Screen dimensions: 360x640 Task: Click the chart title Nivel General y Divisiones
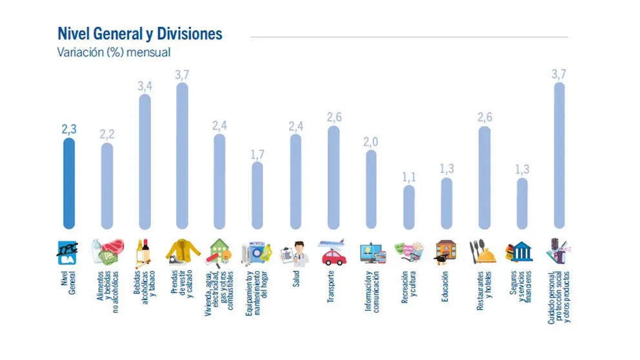tap(140, 34)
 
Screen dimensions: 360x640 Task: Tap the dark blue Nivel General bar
tap(69, 184)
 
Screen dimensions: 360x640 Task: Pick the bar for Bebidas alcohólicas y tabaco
tap(145, 161)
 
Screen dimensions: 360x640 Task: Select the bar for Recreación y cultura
tap(409, 206)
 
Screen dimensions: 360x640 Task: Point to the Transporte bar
tap(334, 177)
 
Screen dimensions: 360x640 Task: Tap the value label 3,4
tap(145, 85)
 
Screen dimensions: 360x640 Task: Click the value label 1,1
tap(409, 176)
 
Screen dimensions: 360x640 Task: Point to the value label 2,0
tap(371, 141)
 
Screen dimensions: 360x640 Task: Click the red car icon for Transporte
tap(333, 257)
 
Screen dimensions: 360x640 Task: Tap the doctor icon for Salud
tap(296, 252)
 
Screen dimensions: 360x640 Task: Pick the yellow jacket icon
tap(183, 252)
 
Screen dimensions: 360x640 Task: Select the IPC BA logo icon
tap(69, 252)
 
